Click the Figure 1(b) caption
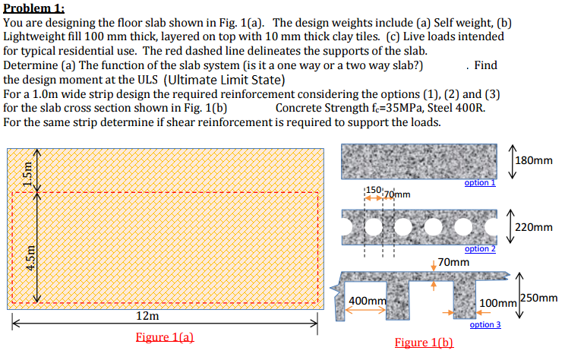point(425,343)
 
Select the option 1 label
point(480,183)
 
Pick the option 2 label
point(480,249)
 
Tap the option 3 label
point(485,324)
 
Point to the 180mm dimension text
point(535,160)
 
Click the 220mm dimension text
point(535,226)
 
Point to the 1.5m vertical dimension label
point(30,173)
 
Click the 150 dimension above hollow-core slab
point(374,188)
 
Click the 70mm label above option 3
point(453,262)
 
